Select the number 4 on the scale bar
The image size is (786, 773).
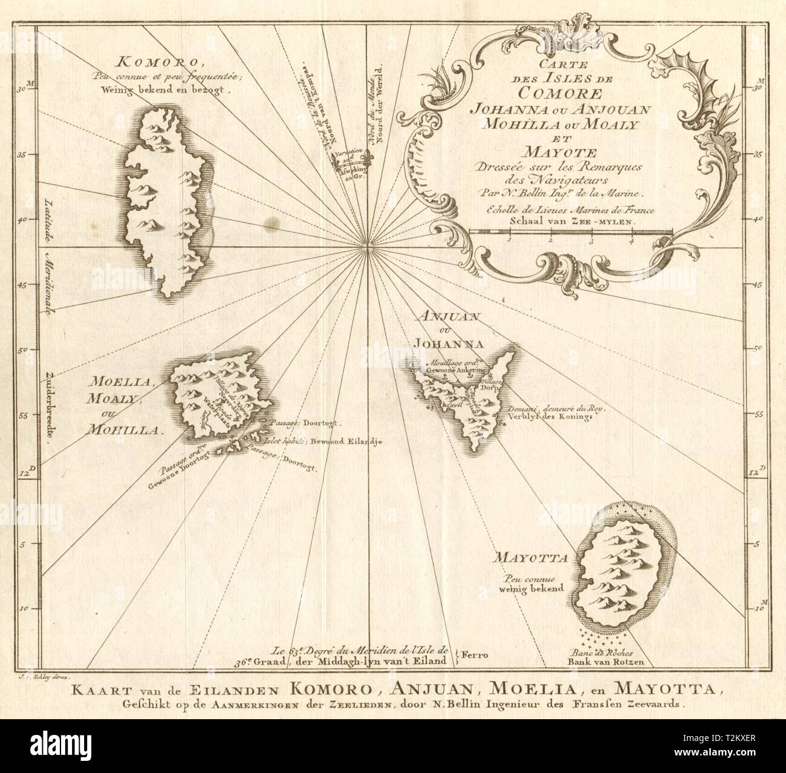(x=632, y=240)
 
